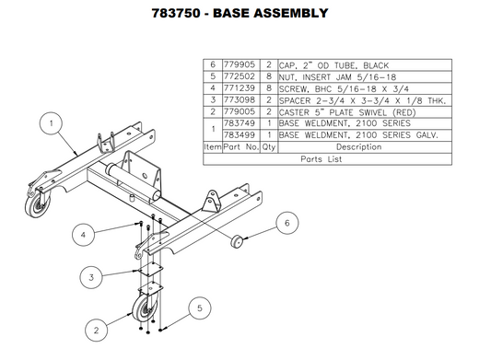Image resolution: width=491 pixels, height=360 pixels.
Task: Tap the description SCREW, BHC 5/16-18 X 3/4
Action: coord(343,93)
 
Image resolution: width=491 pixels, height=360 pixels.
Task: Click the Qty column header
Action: coord(269,147)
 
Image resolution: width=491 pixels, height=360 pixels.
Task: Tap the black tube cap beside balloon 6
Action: coord(238,241)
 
